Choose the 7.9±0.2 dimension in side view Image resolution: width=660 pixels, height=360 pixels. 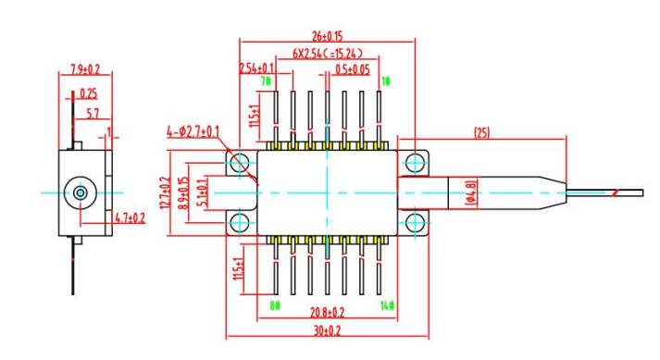tap(85, 69)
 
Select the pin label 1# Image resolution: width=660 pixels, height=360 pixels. tap(386, 81)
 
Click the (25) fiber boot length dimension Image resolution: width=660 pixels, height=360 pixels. tap(482, 133)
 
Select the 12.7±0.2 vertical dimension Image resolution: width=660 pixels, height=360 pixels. tap(168, 192)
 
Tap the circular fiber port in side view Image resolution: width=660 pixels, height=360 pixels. tap(81, 192)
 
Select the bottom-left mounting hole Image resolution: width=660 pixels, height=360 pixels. tap(238, 222)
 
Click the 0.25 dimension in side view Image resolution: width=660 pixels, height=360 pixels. tap(89, 93)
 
